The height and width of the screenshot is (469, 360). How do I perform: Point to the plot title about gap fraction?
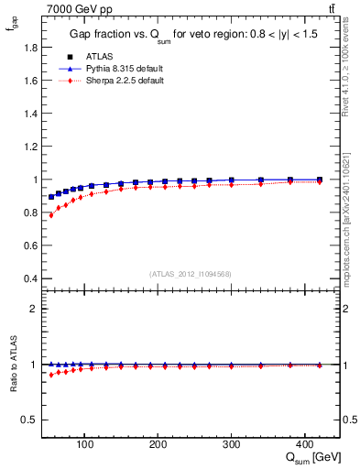[x=191, y=34]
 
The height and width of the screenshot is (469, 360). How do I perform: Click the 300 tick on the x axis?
[x=231, y=444]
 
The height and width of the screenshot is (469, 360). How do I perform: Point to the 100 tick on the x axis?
[x=84, y=444]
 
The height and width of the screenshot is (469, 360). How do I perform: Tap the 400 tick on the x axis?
[x=304, y=444]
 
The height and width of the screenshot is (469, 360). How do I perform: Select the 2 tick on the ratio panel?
[x=33, y=309]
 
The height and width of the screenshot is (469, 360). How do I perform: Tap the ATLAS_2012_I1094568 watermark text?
[x=191, y=274]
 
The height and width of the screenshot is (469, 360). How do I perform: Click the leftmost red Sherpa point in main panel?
[x=51, y=215]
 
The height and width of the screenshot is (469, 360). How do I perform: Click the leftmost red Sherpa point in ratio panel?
[x=51, y=375]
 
